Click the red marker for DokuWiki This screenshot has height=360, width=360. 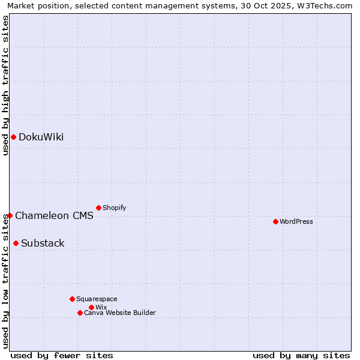(x=13, y=137)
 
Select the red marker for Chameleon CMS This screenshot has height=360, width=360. (x=10, y=215)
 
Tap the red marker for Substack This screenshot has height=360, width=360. (x=16, y=243)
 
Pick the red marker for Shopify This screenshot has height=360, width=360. (x=98, y=208)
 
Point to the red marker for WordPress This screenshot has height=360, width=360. (x=275, y=221)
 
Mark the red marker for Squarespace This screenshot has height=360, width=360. (x=72, y=299)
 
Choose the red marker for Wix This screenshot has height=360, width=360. (x=91, y=307)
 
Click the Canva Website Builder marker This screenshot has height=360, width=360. (x=80, y=313)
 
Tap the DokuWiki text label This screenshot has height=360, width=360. (x=41, y=137)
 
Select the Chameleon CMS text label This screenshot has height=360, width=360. (x=54, y=216)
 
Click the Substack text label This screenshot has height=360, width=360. (x=43, y=244)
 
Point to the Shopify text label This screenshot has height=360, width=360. (x=114, y=208)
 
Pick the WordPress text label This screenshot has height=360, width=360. (x=296, y=222)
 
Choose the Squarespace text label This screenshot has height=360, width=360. (x=97, y=299)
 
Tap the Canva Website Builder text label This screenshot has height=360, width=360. (x=120, y=313)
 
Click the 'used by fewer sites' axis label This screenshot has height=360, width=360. (x=62, y=355)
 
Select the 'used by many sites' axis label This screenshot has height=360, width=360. (x=301, y=355)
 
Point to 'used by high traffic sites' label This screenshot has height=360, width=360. (x=5, y=85)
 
